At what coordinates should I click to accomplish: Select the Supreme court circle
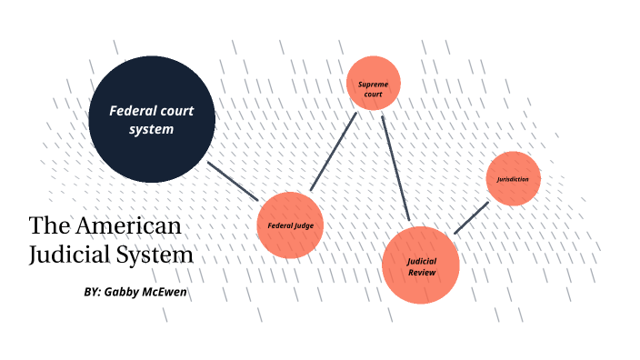(374, 84)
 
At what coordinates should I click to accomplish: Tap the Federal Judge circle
(291, 225)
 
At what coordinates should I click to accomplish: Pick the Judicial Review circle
(421, 265)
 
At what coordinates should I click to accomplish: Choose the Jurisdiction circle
(514, 178)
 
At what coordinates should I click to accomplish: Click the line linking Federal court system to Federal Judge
(235, 181)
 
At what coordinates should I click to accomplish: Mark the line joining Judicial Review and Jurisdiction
(472, 218)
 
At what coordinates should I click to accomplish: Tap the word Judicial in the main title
(69, 255)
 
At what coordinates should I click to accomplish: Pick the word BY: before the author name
(91, 293)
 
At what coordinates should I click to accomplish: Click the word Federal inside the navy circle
(132, 111)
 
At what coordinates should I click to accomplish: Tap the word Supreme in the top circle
(374, 83)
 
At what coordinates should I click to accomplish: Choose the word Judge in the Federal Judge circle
(305, 225)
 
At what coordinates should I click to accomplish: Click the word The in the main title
(47, 225)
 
